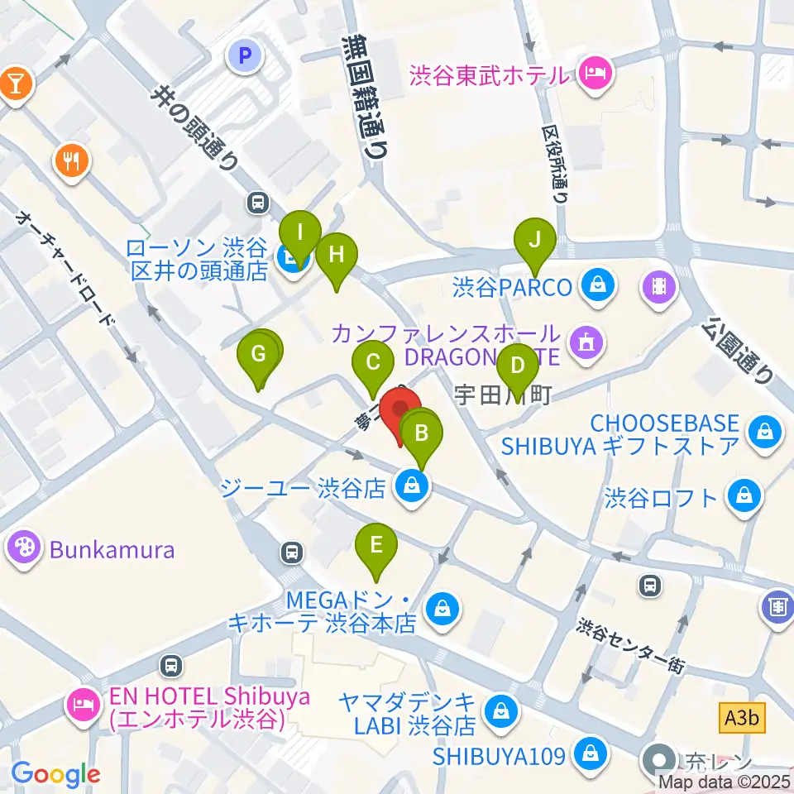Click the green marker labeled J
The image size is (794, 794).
click(535, 242)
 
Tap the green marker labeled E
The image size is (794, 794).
click(376, 546)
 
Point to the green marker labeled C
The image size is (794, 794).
click(373, 362)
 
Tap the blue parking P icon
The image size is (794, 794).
click(244, 56)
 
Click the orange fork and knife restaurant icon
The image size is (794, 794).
click(73, 159)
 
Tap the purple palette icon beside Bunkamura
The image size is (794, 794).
click(23, 548)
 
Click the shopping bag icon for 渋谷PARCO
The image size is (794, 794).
click(596, 287)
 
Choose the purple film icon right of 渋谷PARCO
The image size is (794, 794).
click(658, 287)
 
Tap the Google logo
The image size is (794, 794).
click(55, 774)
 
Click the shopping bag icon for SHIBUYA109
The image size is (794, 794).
click(591, 753)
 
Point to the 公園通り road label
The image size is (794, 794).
click(738, 351)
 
